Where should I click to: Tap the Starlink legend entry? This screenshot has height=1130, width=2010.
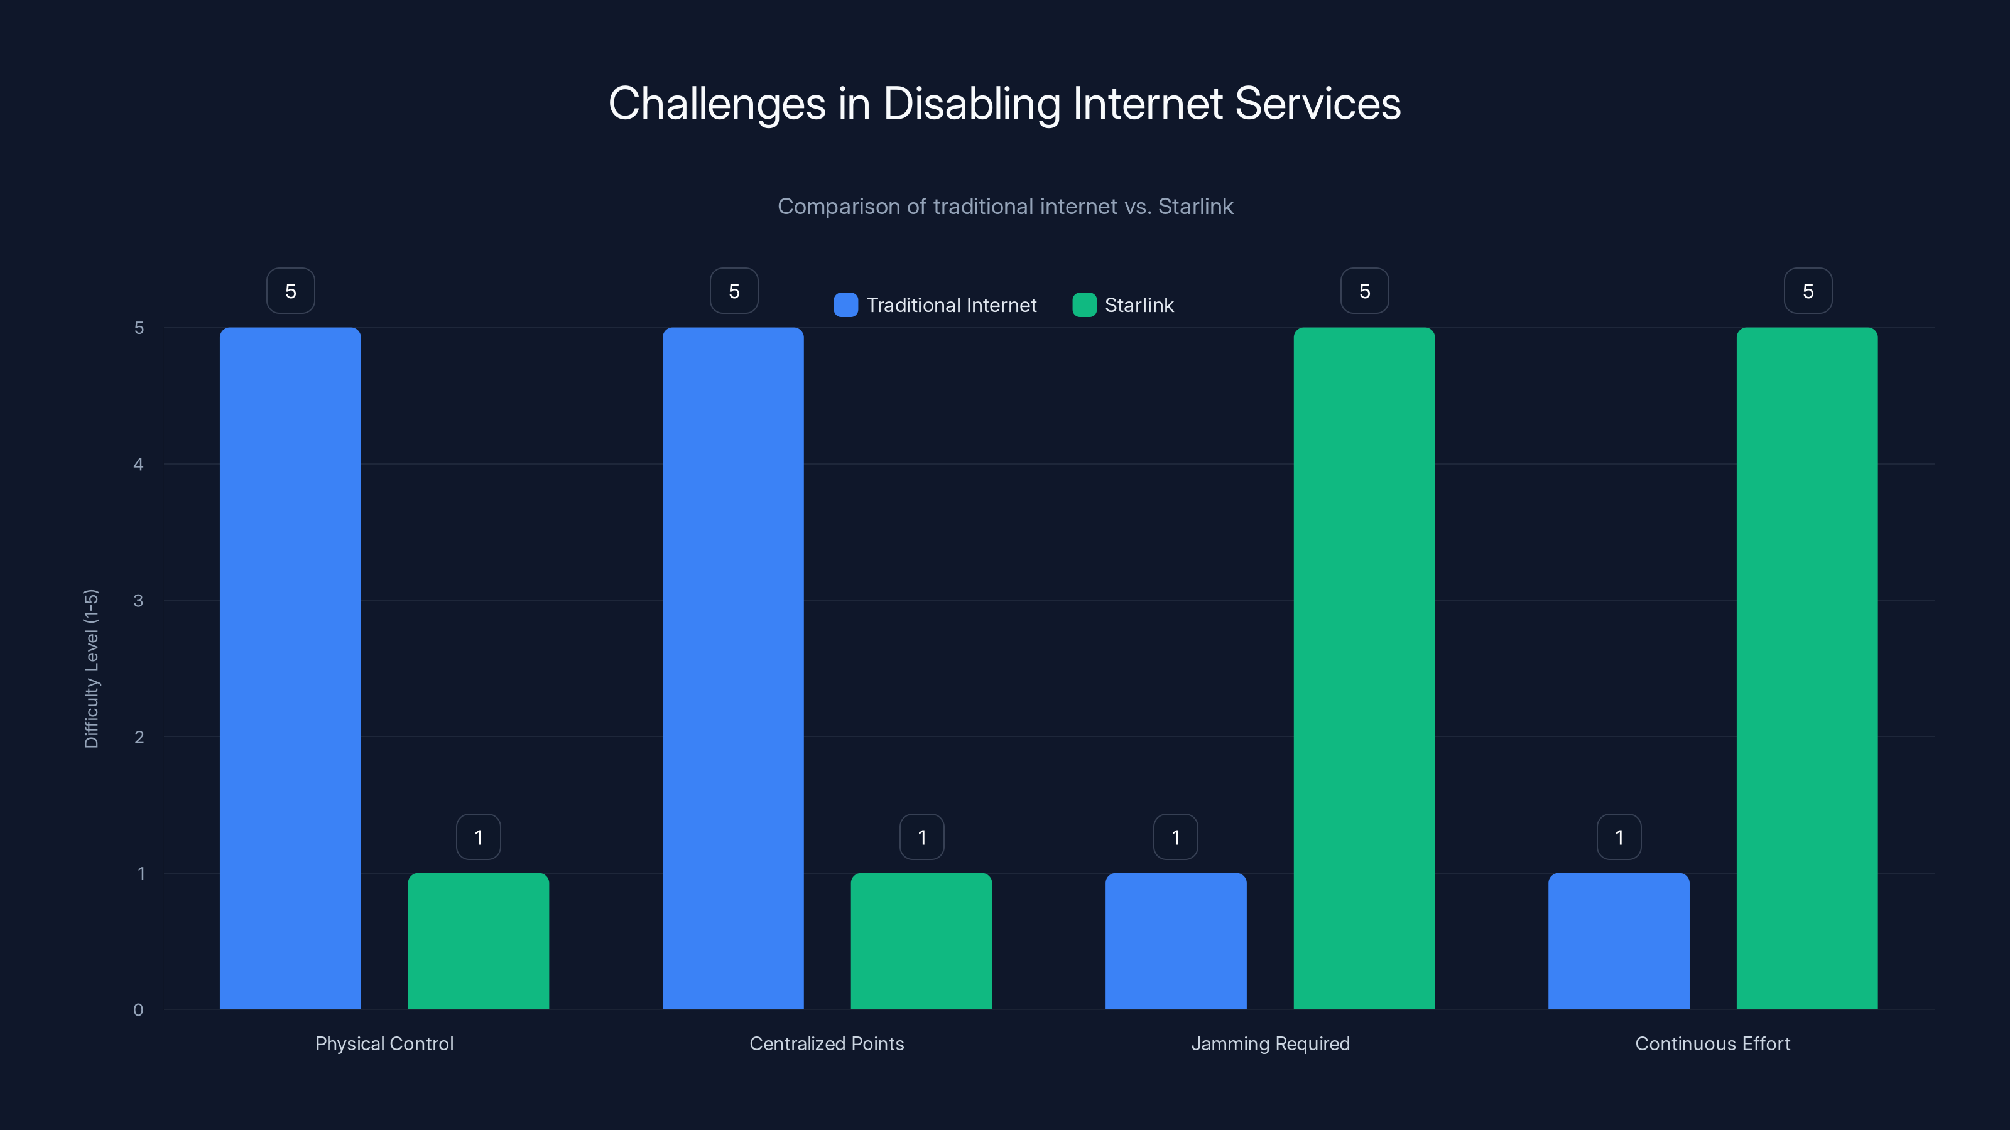pyautogui.click(x=1138, y=305)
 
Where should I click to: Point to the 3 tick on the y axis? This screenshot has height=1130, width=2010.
pyautogui.click(x=138, y=601)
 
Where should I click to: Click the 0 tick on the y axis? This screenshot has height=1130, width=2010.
pyautogui.click(x=138, y=1010)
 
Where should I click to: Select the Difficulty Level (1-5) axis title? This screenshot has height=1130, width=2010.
pyautogui.click(x=91, y=669)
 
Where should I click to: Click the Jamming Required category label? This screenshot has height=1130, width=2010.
pyautogui.click(x=1270, y=1043)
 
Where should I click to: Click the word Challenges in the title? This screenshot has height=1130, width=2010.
pyautogui.click(x=716, y=104)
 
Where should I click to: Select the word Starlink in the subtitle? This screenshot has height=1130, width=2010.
pyautogui.click(x=1195, y=207)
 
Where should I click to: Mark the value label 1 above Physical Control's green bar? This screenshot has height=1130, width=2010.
pyautogui.click(x=478, y=837)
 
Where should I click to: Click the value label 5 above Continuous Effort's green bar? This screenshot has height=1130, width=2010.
pyautogui.click(x=1808, y=291)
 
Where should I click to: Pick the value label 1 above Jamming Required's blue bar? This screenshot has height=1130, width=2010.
pyautogui.click(x=1176, y=837)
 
